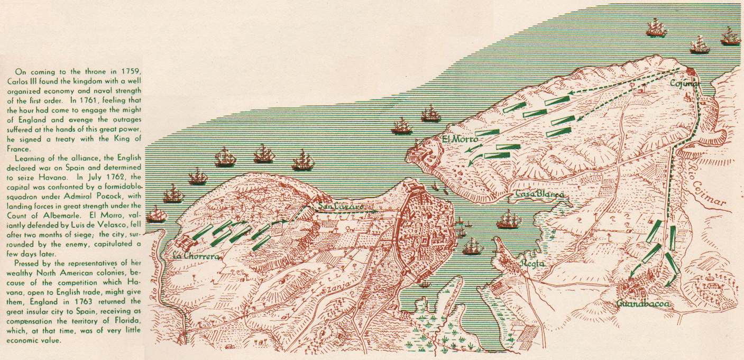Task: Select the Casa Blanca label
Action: tap(539, 195)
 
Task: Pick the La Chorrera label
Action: tap(195, 256)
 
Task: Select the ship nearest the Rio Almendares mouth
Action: tap(157, 215)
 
